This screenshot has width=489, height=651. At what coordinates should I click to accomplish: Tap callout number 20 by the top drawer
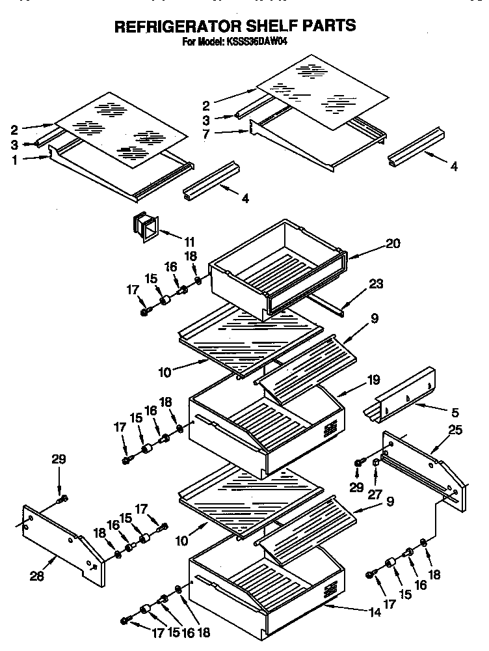point(393,243)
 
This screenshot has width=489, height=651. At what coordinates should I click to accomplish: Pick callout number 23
point(375,284)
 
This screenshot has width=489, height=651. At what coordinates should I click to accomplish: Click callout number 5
point(455,411)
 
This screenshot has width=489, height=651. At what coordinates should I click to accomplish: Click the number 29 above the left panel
point(59,460)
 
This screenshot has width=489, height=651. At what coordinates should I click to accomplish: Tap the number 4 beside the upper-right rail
point(454,167)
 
